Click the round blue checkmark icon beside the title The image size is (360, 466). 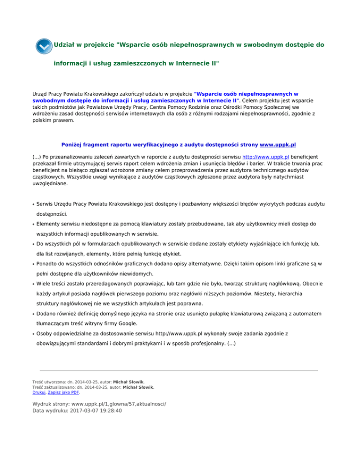44,46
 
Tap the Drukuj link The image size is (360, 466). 38,392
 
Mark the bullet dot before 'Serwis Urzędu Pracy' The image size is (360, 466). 33,205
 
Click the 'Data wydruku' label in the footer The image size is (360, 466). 52,410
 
